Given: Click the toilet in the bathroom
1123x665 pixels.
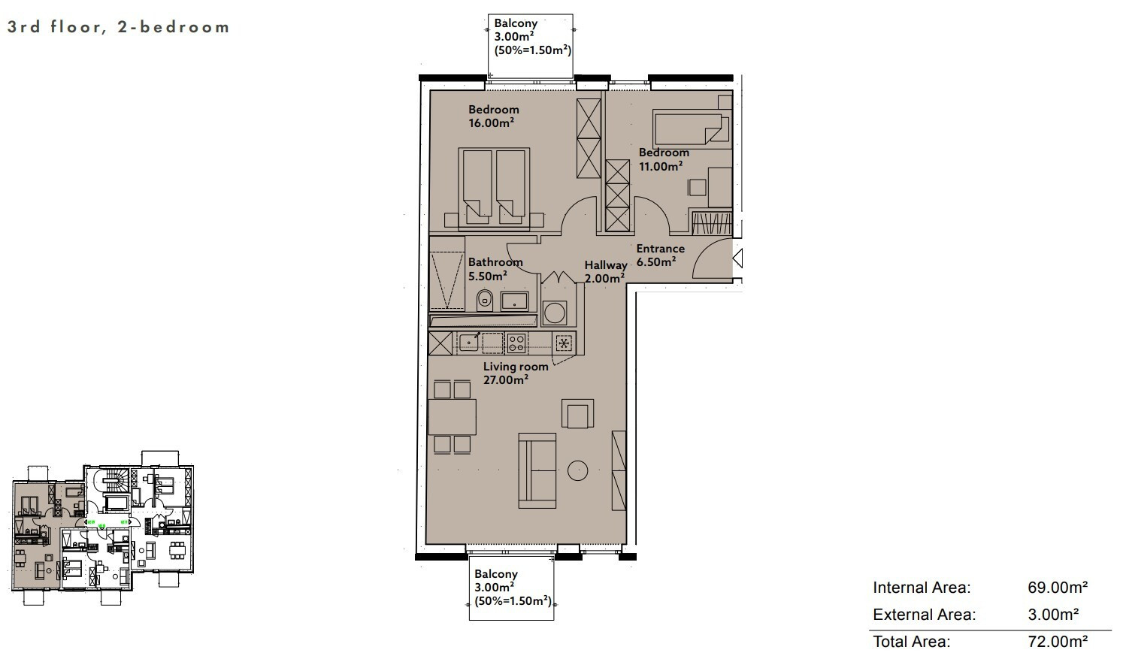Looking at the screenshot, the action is tap(484, 300).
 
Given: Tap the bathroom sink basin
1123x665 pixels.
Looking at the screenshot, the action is tap(514, 301).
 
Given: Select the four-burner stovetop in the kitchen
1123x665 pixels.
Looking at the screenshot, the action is tap(516, 343).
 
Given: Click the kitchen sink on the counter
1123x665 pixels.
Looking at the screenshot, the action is tap(469, 343).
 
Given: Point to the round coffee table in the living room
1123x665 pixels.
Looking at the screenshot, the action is tap(577, 470).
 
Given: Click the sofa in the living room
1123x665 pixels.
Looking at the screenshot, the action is tap(537, 470).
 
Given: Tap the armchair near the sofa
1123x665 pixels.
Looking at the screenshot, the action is tap(577, 413).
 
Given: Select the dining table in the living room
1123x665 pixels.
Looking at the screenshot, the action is tap(452, 417).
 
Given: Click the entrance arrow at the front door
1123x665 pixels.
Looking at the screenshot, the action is tap(737, 258).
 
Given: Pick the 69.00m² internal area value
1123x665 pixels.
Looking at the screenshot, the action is tap(1058, 588).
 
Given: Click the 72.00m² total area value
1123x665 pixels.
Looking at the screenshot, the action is tap(1058, 642).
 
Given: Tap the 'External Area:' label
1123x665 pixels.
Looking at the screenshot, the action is tap(924, 615).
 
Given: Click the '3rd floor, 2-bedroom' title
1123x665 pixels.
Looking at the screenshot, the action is tap(118, 26).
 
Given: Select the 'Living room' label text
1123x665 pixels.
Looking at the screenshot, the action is tap(516, 367).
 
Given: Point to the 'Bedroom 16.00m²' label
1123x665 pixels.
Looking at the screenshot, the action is tap(493, 116).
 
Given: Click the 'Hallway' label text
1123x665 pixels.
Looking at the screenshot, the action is tap(606, 265).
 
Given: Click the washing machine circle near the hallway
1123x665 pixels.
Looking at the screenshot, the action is tap(555, 313).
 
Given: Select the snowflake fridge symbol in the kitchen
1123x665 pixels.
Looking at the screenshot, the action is tap(564, 343).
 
